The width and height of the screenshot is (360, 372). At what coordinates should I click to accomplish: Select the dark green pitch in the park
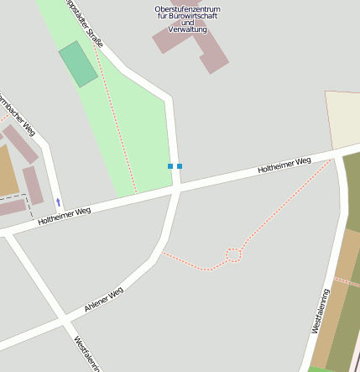[78, 64]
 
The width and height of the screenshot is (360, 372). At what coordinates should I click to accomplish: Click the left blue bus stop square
[170, 166]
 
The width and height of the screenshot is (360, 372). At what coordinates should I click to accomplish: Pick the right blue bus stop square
[180, 166]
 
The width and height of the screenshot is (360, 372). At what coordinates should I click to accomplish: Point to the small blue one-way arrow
[58, 202]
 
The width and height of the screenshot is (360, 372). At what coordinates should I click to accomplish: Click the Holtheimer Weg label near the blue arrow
[64, 217]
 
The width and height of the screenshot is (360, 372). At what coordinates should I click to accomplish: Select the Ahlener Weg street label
[104, 301]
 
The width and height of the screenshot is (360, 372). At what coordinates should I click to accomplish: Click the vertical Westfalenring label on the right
[321, 312]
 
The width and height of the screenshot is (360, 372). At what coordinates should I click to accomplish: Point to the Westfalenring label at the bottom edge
[87, 354]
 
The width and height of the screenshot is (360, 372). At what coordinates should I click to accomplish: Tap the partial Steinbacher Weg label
[18, 114]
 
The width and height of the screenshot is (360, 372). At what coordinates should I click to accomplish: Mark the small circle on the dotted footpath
[233, 254]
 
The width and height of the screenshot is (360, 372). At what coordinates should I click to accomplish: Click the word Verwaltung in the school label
[187, 29]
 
